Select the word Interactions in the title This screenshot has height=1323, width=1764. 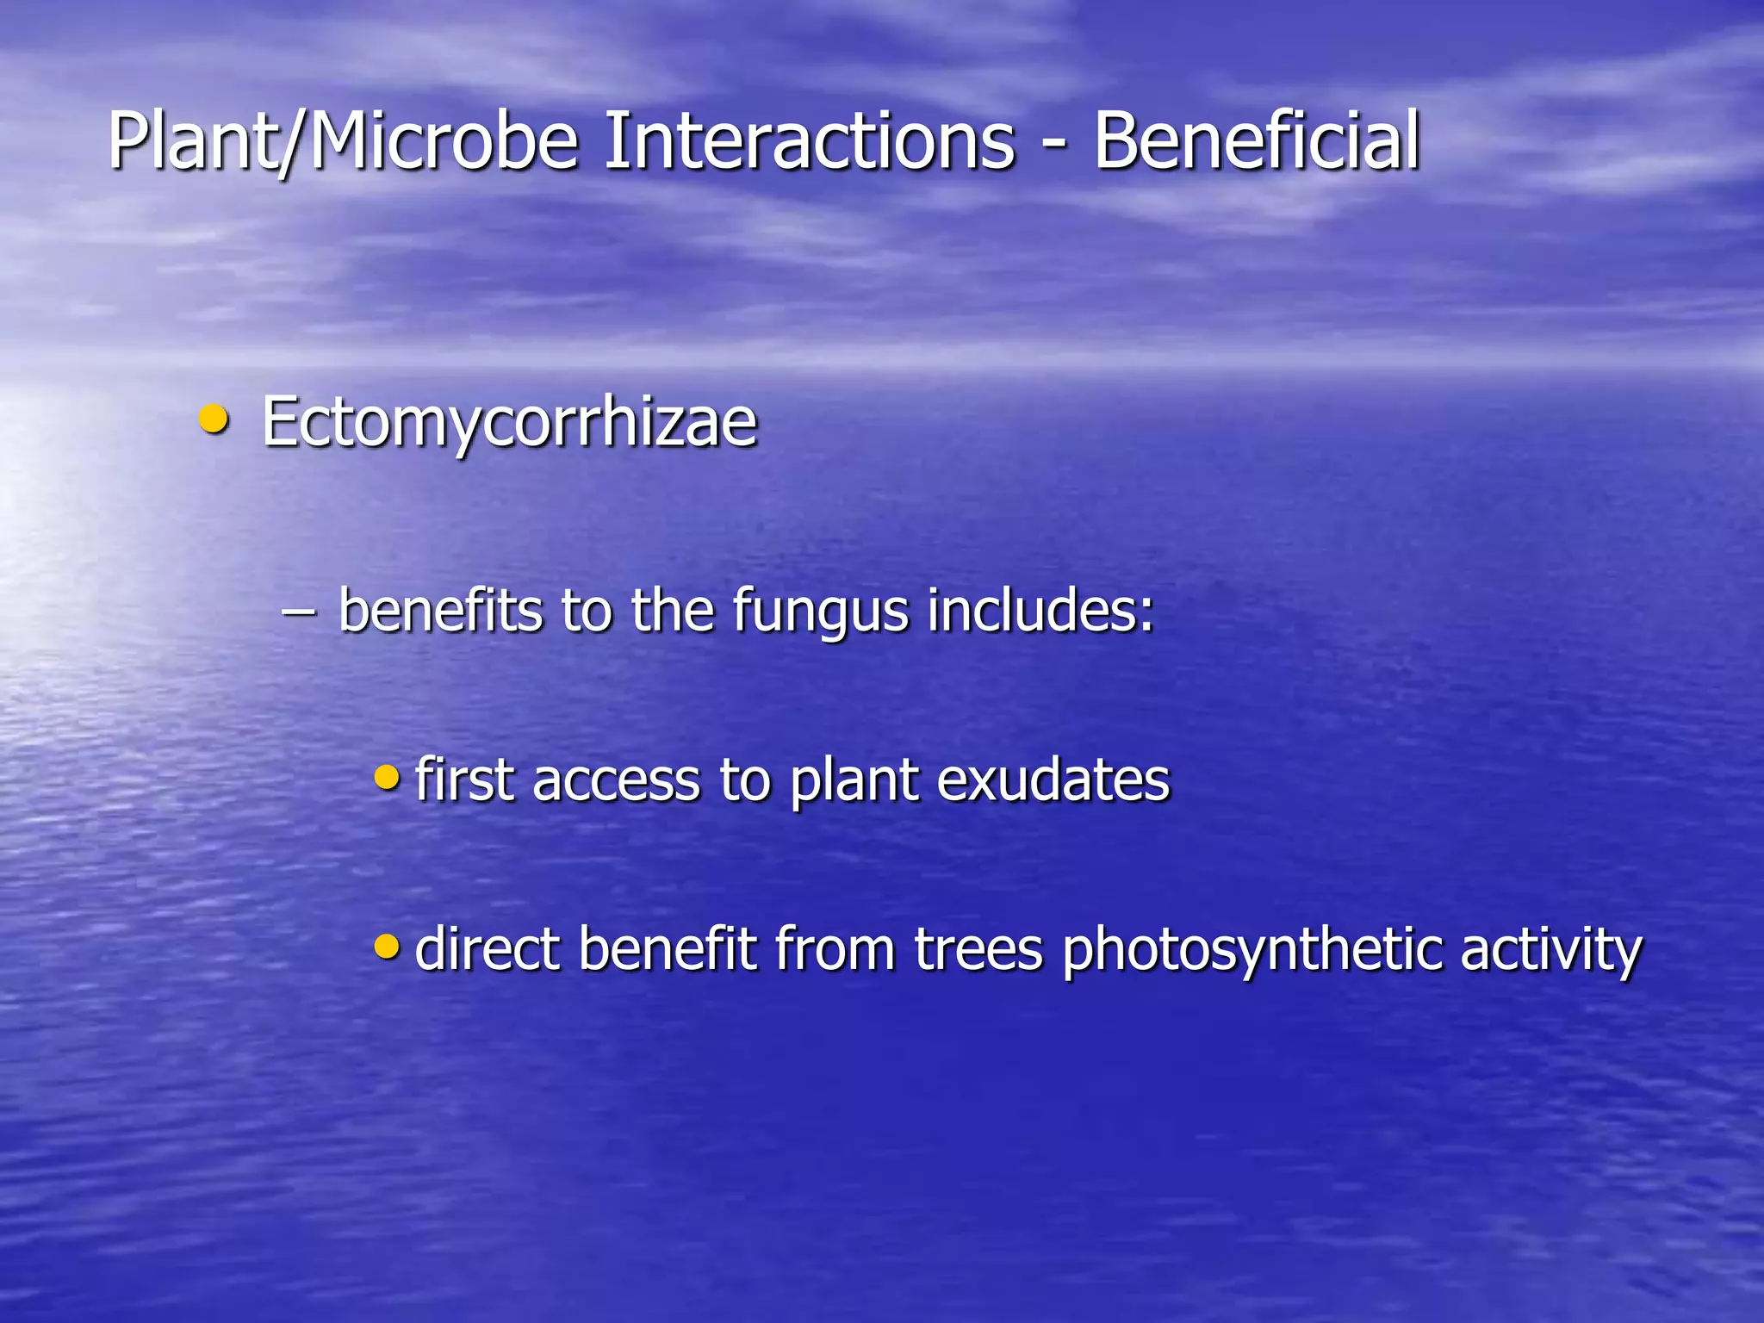click(809, 140)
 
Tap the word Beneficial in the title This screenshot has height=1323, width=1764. click(1257, 140)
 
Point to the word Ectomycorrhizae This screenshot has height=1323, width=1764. click(509, 422)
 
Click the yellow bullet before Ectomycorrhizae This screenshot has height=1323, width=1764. click(213, 420)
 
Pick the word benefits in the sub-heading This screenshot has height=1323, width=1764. click(440, 609)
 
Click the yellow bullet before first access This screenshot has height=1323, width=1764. click(388, 778)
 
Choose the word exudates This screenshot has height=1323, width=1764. click(1053, 780)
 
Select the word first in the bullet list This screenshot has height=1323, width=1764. click(464, 780)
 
